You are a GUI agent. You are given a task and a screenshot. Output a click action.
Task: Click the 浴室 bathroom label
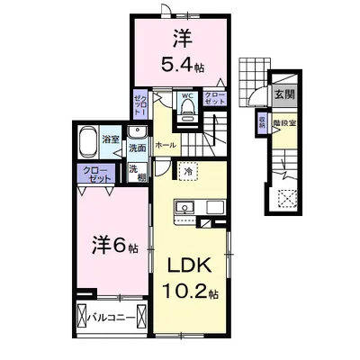[111, 139]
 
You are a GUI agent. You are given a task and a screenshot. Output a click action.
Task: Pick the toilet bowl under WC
[188, 111]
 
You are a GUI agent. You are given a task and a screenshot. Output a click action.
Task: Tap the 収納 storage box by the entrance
[261, 123]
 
